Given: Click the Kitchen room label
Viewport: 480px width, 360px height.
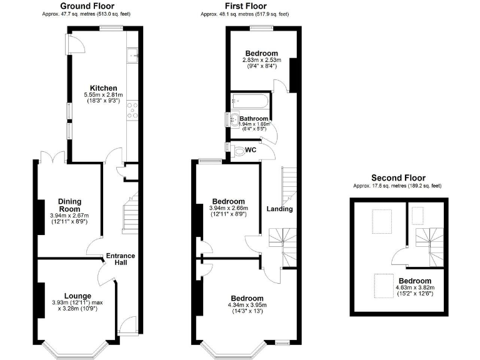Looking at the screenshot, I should (x=103, y=87).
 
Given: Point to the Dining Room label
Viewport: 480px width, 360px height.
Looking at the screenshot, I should (x=71, y=205).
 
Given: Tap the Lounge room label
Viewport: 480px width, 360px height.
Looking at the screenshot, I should (x=77, y=296).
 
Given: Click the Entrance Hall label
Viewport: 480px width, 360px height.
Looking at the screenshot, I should (x=121, y=259).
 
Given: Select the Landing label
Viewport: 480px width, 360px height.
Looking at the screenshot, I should (x=279, y=209).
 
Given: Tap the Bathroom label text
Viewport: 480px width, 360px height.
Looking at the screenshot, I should (x=254, y=119).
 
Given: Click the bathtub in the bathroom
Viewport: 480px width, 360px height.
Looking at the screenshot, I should (x=249, y=101).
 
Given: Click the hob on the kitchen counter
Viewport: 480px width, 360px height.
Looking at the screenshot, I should (x=132, y=110).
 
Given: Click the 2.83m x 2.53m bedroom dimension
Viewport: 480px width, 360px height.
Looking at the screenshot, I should (x=262, y=60).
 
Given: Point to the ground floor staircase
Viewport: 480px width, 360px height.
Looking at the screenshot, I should (x=129, y=213).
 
